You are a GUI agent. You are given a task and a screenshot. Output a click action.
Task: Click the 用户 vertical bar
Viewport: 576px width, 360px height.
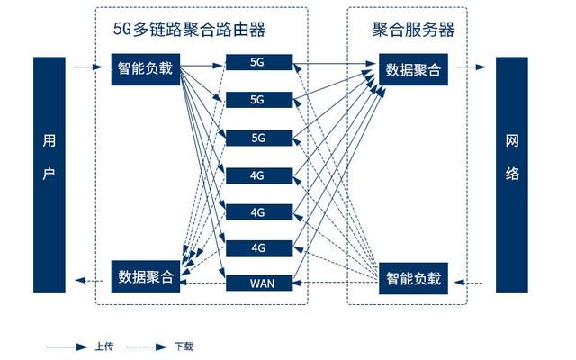click(x=49, y=175)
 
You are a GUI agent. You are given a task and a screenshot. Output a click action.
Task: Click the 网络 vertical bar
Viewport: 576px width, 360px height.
click(x=512, y=175)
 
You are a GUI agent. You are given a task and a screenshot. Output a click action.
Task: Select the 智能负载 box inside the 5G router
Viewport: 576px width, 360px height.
click(x=146, y=69)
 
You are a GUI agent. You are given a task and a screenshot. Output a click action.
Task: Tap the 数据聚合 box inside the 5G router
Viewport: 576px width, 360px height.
click(x=146, y=276)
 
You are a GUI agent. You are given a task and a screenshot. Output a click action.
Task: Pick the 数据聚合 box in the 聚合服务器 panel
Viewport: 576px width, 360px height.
click(x=413, y=69)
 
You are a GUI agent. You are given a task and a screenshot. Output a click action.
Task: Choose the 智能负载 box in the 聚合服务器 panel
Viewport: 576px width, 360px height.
click(x=413, y=278)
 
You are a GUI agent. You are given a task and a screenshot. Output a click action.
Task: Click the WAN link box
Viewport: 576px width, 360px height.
click(x=259, y=283)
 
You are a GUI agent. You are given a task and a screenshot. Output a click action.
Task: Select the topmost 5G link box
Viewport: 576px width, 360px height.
click(x=259, y=62)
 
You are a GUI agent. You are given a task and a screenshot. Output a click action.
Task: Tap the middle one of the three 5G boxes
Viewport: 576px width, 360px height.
click(x=259, y=100)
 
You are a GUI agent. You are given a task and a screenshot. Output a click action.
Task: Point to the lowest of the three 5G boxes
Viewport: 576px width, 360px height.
click(x=259, y=138)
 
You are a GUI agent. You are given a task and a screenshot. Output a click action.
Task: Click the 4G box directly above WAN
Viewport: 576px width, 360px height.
click(x=259, y=248)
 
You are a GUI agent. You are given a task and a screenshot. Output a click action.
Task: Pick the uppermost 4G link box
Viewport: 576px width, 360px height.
click(x=259, y=176)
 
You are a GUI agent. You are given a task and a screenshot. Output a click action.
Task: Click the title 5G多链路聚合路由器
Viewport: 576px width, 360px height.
click(x=189, y=30)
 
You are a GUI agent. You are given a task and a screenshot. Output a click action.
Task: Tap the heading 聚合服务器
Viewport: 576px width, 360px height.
click(x=413, y=30)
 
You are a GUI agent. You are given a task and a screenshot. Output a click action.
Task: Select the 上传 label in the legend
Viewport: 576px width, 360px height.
click(x=104, y=346)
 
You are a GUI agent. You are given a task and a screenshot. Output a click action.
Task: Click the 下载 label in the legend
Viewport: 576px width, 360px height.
click(x=184, y=346)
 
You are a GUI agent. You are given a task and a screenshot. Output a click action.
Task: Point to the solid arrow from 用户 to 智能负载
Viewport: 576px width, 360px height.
click(x=88, y=67)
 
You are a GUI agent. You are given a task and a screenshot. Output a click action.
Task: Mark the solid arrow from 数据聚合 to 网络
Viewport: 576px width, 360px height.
click(x=472, y=67)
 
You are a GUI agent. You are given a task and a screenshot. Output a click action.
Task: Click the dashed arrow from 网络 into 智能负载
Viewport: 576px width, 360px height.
click(x=468, y=283)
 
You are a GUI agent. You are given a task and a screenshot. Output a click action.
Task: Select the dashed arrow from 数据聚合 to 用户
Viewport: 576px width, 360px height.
click(x=89, y=281)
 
